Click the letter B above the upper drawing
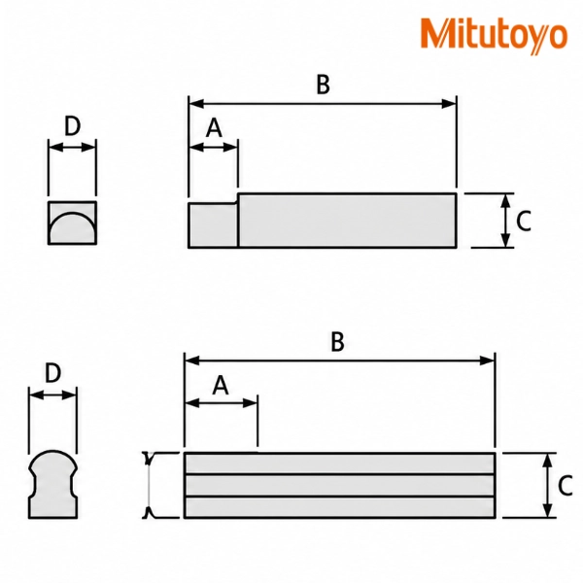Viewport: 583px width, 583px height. (323, 85)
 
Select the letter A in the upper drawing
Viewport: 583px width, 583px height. (214, 128)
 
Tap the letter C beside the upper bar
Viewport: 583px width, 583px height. (524, 221)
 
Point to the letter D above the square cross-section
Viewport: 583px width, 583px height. (73, 126)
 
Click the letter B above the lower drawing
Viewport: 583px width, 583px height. (337, 342)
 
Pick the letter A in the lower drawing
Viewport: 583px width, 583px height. (221, 385)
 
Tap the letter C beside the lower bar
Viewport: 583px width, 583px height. (566, 486)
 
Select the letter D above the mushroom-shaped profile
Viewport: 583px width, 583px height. (52, 373)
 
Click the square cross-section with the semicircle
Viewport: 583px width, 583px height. (72, 223)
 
